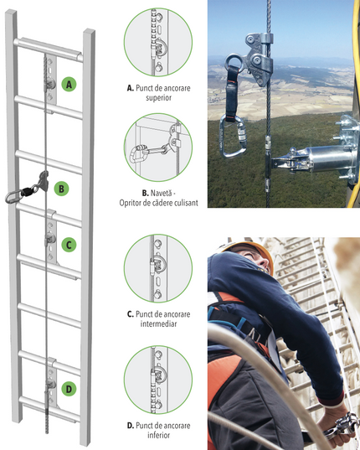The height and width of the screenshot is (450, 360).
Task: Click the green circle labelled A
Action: (69, 84)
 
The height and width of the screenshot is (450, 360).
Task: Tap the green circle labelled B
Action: (61, 189)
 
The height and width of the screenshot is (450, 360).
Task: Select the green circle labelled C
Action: (69, 245)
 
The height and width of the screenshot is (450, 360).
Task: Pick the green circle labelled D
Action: (69, 389)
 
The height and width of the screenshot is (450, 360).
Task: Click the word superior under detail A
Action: (158, 98)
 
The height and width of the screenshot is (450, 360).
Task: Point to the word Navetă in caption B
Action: (161, 193)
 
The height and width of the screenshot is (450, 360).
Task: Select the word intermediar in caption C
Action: (158, 324)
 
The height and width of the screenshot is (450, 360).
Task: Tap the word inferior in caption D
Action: (158, 435)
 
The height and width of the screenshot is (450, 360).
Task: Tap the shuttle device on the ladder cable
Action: (43, 181)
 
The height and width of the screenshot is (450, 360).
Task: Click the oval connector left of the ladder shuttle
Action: (13, 198)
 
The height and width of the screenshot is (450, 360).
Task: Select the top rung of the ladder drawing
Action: (49, 49)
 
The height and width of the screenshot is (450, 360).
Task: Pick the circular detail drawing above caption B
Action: (158, 147)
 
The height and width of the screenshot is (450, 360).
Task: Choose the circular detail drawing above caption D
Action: (158, 380)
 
